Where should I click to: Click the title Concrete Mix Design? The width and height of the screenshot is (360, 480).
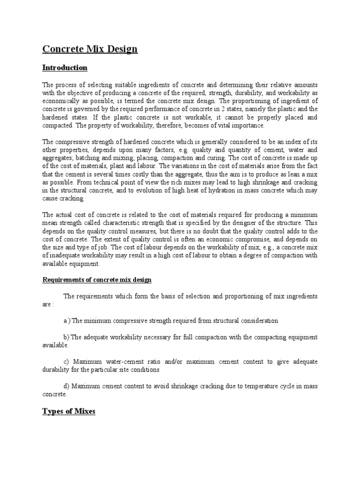90,49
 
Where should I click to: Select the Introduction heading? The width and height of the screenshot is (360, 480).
65,68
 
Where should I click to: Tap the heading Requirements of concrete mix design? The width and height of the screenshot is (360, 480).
97,280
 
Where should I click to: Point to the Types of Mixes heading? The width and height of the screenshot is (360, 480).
68,412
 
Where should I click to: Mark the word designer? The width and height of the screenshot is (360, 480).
251,224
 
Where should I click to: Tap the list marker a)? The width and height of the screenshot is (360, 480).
67,321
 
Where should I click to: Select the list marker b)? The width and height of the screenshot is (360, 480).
66,337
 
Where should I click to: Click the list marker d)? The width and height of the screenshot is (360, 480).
66,386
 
